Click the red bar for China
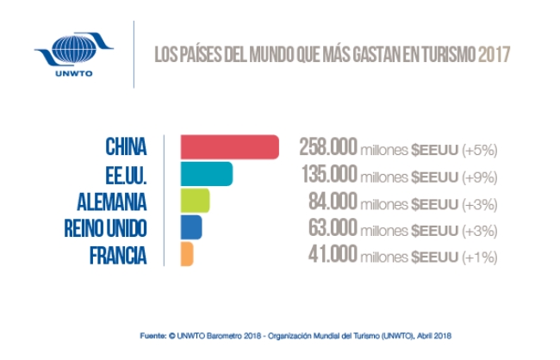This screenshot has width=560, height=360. [230, 147]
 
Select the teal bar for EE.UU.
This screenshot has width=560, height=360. [207, 174]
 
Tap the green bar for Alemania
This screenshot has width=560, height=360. [195, 201]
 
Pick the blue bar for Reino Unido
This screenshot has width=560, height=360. [191, 227]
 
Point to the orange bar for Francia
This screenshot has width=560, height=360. [187, 254]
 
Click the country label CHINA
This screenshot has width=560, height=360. [126, 147]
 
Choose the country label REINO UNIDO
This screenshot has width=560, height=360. [105, 228]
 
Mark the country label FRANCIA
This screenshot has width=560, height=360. [118, 255]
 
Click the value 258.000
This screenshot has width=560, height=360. [327, 147]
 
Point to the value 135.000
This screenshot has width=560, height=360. [327, 174]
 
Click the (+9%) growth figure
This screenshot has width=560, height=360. [479, 176]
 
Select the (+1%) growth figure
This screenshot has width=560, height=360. [479, 256]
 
